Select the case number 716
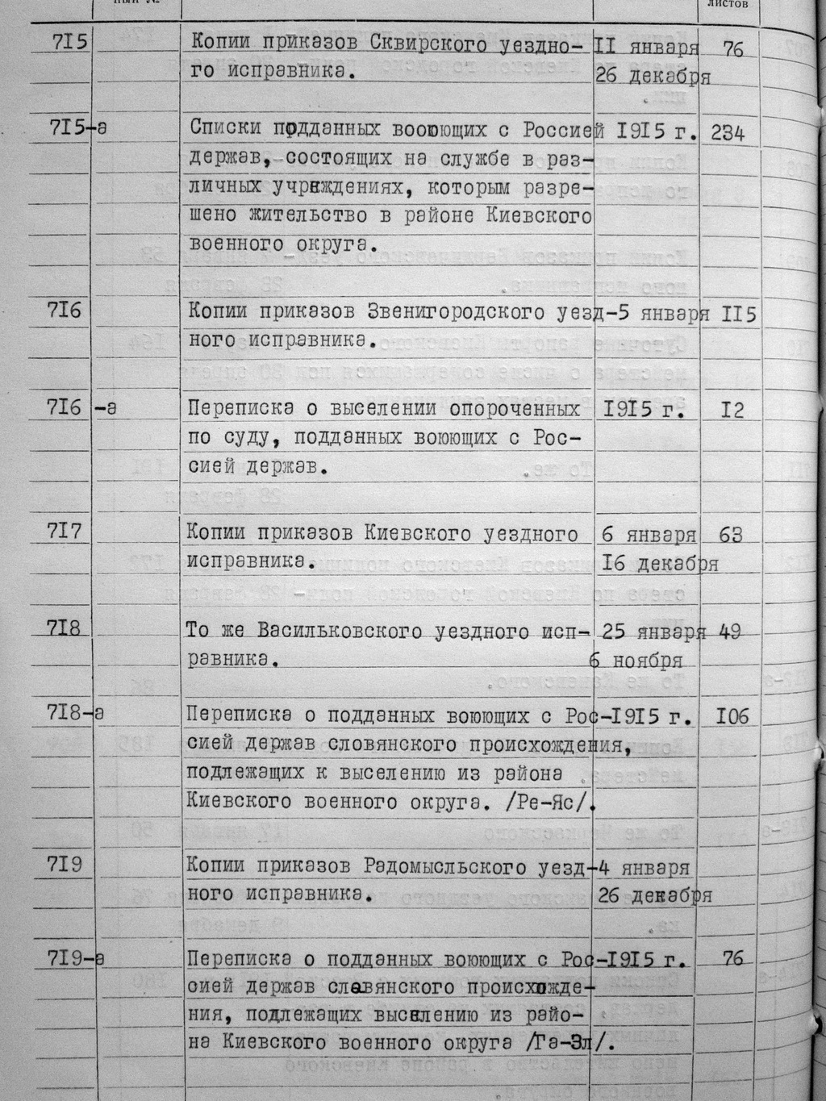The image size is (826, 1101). coord(65,309)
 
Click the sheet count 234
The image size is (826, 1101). coord(728,133)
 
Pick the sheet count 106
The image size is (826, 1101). coord(732,715)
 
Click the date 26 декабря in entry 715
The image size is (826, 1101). coord(652,77)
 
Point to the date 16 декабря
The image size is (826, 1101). coord(660,564)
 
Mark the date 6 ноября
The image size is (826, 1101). coord(637,661)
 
